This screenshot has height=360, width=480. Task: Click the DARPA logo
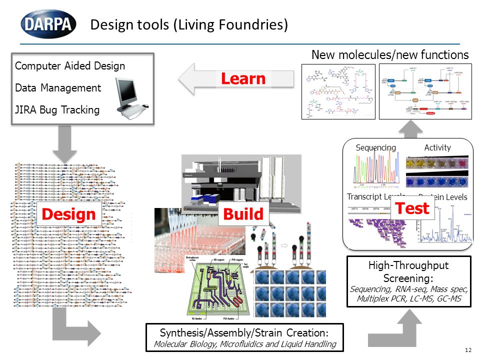tap(48, 24)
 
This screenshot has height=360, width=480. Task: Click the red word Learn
tap(243, 78)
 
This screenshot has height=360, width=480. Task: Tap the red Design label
tap(68, 214)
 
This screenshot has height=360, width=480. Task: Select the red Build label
tap(243, 214)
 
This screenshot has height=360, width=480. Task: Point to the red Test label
tap(412, 208)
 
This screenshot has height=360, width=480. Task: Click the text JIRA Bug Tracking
tap(57, 110)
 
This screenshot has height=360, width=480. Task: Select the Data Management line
tap(58, 88)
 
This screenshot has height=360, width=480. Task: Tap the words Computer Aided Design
tap(70, 66)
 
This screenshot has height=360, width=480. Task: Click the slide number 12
tap(468, 349)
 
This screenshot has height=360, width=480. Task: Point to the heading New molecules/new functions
tap(390, 54)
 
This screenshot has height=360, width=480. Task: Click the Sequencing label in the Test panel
tap(375, 147)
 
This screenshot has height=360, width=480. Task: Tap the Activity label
tap(437, 147)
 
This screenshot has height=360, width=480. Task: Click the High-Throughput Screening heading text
tap(408, 271)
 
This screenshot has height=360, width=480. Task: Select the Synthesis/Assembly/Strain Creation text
tap(244, 332)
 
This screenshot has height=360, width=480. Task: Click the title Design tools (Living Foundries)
tap(188, 24)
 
